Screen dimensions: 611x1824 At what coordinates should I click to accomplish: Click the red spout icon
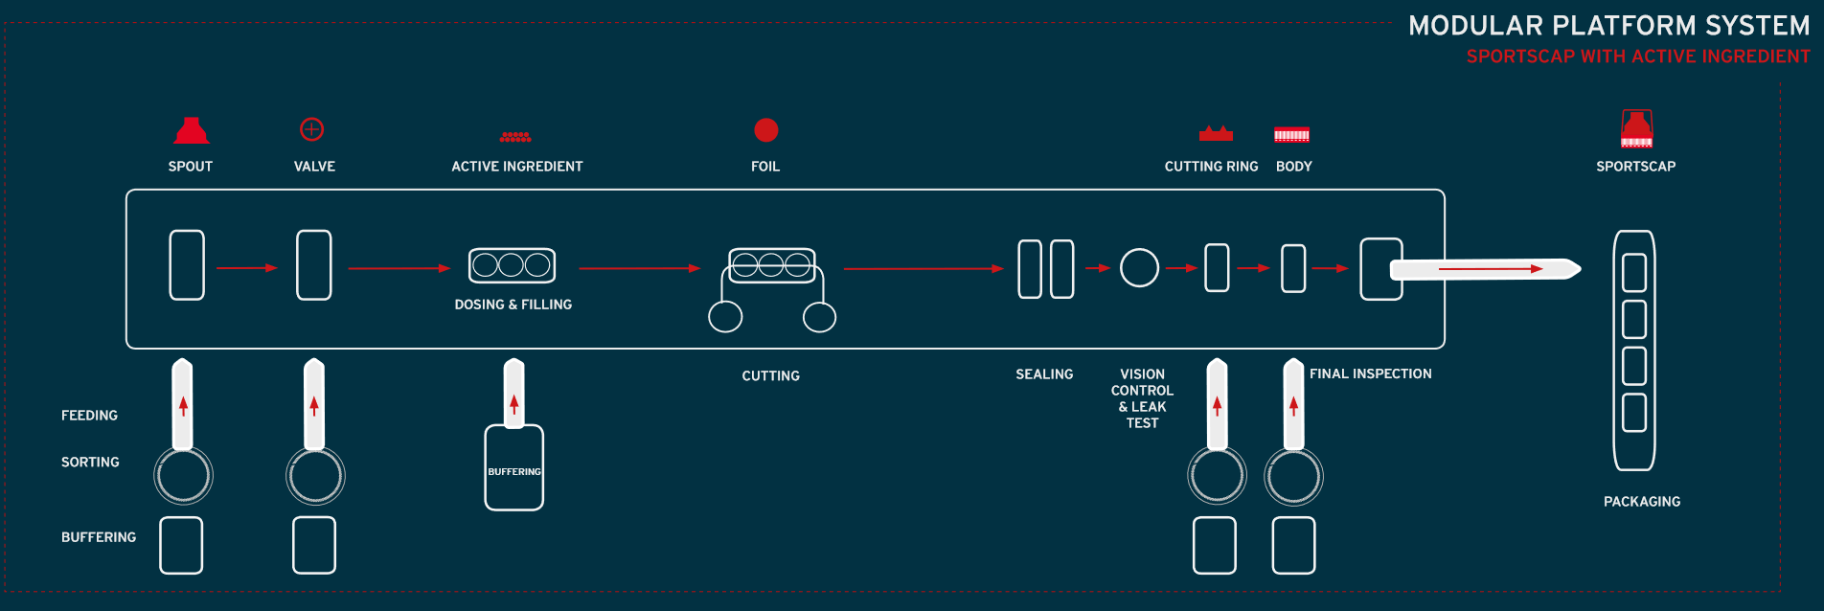192,131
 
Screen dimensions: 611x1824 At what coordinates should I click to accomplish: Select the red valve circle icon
312,129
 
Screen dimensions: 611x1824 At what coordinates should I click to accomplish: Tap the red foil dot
766,129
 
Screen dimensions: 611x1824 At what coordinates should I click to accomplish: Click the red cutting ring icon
1216,133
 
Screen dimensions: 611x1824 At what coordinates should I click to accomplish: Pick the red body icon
1291,135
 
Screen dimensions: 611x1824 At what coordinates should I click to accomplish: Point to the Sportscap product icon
1636,129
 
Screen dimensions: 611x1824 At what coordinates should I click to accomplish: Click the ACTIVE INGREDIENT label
517,167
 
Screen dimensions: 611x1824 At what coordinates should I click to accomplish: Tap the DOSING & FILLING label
513,305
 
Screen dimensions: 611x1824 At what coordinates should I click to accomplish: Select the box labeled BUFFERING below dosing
514,468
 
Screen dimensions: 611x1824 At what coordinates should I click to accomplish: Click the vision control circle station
1140,268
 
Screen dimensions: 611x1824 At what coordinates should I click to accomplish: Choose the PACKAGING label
1642,502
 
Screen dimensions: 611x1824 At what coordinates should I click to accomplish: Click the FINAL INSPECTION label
1371,374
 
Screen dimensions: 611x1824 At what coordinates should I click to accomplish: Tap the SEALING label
1044,374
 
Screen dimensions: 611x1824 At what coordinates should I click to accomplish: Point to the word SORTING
90,463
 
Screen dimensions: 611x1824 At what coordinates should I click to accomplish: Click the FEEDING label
89,416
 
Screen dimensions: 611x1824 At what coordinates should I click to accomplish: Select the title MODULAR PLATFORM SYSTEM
1609,26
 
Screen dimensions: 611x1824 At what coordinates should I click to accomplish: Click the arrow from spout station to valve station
247,268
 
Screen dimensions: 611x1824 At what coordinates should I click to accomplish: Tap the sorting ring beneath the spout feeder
183,476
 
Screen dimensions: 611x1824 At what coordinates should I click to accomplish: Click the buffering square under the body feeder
1293,546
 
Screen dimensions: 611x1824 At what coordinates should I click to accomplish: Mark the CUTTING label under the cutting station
771,376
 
